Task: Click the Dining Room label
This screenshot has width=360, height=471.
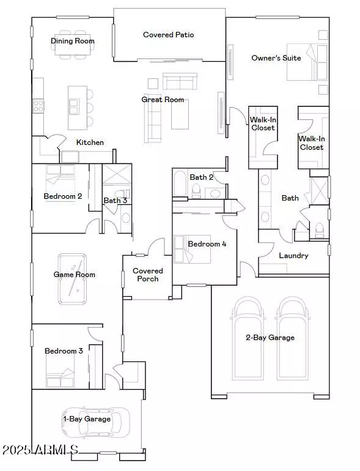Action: (73, 41)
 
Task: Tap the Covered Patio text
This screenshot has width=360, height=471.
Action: (168, 35)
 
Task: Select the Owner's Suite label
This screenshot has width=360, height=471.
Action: (276, 58)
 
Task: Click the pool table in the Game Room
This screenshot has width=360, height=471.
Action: (75, 279)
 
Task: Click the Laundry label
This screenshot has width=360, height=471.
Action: (293, 256)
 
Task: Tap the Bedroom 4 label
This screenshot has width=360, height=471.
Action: (207, 243)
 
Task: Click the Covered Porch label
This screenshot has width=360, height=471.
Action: (148, 275)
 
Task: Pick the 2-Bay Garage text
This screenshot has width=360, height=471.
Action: (270, 337)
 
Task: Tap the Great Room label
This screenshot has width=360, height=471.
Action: (163, 99)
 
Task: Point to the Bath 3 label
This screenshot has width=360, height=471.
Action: (115, 200)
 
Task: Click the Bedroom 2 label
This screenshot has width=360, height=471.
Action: (63, 196)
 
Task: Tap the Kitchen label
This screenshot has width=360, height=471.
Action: (90, 142)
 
